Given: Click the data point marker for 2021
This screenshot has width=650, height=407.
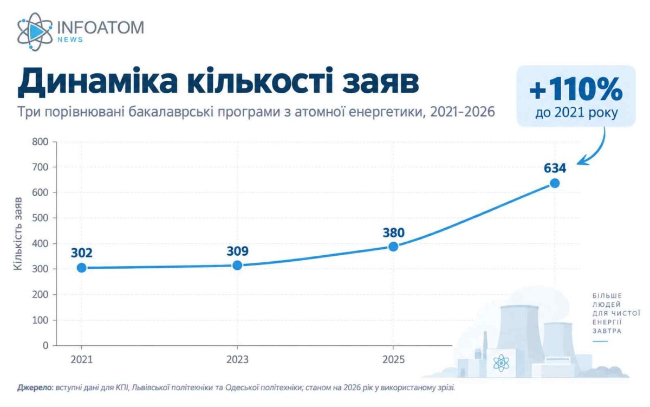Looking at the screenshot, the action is click(82, 268).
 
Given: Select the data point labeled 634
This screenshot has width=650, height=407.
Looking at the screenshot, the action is click(555, 183).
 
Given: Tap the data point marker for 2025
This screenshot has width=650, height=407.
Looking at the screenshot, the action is click(393, 247).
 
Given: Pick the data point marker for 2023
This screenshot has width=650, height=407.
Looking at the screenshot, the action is click(237, 265).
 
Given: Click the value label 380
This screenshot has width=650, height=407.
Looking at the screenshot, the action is click(393, 232).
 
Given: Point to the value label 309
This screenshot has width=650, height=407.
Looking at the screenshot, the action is click(237, 251).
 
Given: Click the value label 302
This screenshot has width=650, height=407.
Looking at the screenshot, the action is click(82, 253).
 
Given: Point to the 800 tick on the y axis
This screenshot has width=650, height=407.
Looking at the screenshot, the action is click(40, 142).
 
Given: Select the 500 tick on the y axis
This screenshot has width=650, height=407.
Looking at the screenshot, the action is click(40, 218).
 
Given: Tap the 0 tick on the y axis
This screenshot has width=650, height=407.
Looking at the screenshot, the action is click(45, 345).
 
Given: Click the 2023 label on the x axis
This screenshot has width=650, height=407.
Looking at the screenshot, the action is click(237, 360).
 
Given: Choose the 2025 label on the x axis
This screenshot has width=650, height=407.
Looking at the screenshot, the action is click(393, 360).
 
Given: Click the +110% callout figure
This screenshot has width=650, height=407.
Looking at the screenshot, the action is click(576, 90).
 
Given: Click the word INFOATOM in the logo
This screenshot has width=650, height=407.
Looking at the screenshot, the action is click(100, 27).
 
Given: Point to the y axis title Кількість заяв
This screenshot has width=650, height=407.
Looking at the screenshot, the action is click(18, 234).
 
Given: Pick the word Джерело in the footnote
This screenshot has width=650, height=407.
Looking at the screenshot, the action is click(35, 387).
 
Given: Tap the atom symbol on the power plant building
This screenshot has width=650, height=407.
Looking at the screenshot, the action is click(501, 363).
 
